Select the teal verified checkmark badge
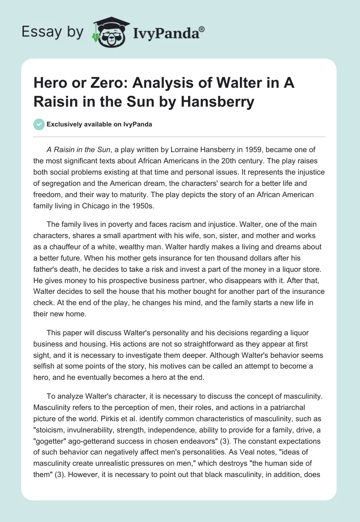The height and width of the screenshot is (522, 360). click(x=39, y=124)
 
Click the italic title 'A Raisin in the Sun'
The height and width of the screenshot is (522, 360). click(x=78, y=151)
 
